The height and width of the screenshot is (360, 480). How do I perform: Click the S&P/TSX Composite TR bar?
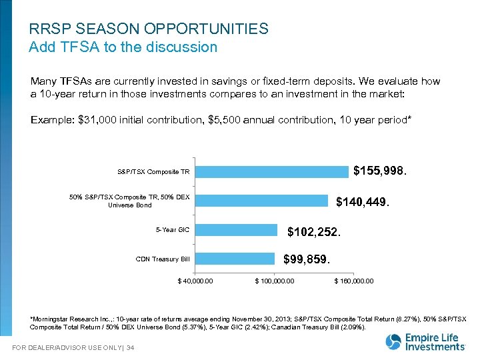(272, 172)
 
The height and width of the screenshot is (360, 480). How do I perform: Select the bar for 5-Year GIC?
(237, 230)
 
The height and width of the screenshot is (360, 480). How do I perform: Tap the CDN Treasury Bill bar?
(235, 259)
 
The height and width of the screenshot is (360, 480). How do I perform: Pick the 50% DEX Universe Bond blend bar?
(262, 201)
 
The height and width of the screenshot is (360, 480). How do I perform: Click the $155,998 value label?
(380, 171)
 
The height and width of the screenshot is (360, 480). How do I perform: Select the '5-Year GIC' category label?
(173, 230)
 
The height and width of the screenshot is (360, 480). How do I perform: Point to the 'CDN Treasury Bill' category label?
(163, 259)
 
